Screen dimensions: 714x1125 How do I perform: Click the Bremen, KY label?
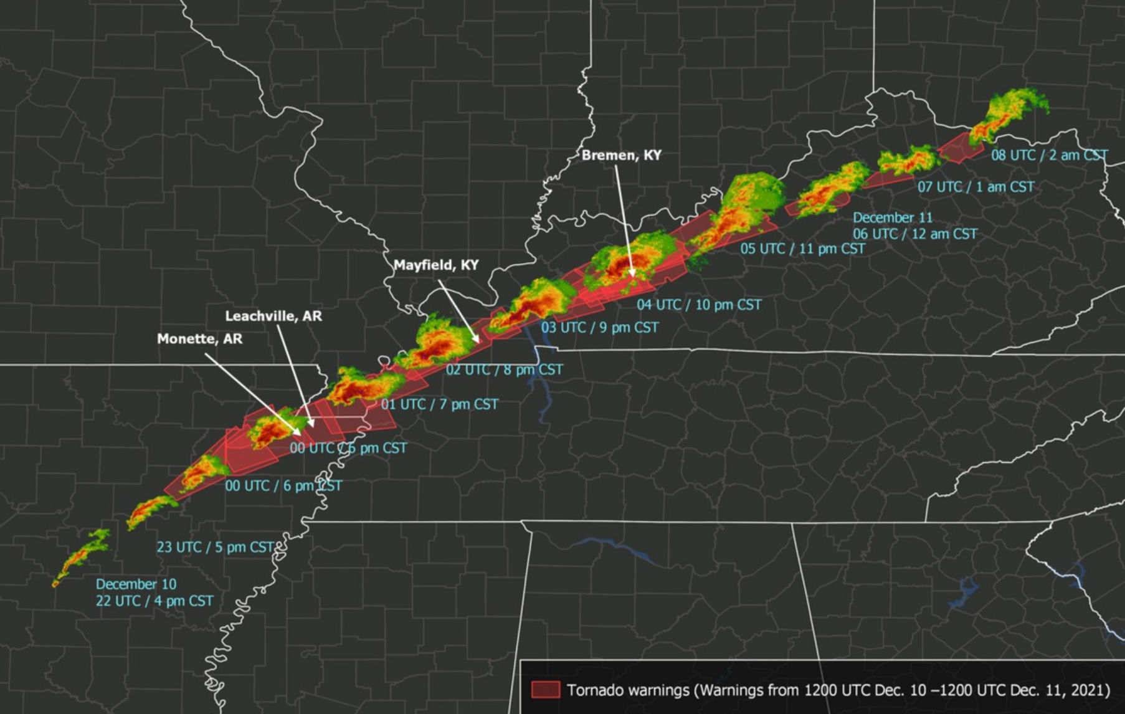point(621,155)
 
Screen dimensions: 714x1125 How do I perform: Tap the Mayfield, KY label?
point(436,265)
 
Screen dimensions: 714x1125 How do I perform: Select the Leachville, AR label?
point(273,316)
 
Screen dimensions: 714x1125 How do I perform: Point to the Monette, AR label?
point(199,339)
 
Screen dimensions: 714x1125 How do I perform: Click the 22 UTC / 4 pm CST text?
point(154,601)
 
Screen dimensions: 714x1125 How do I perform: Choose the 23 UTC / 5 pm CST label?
point(215,548)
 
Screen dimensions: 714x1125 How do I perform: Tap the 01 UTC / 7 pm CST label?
point(440,404)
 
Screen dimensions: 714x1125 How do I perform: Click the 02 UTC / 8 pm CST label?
point(504,369)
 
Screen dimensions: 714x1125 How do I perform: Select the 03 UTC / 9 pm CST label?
point(599,328)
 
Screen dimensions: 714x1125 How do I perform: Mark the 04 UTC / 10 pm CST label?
point(698,305)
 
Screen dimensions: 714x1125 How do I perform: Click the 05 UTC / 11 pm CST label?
point(802,249)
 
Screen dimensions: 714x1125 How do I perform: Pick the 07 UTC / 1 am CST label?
point(975,187)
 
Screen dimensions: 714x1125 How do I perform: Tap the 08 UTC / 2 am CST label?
point(1049,155)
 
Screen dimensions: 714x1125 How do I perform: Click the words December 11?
point(892,218)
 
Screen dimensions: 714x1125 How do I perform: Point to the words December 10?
point(136,584)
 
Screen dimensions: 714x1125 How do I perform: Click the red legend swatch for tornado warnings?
point(545,690)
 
